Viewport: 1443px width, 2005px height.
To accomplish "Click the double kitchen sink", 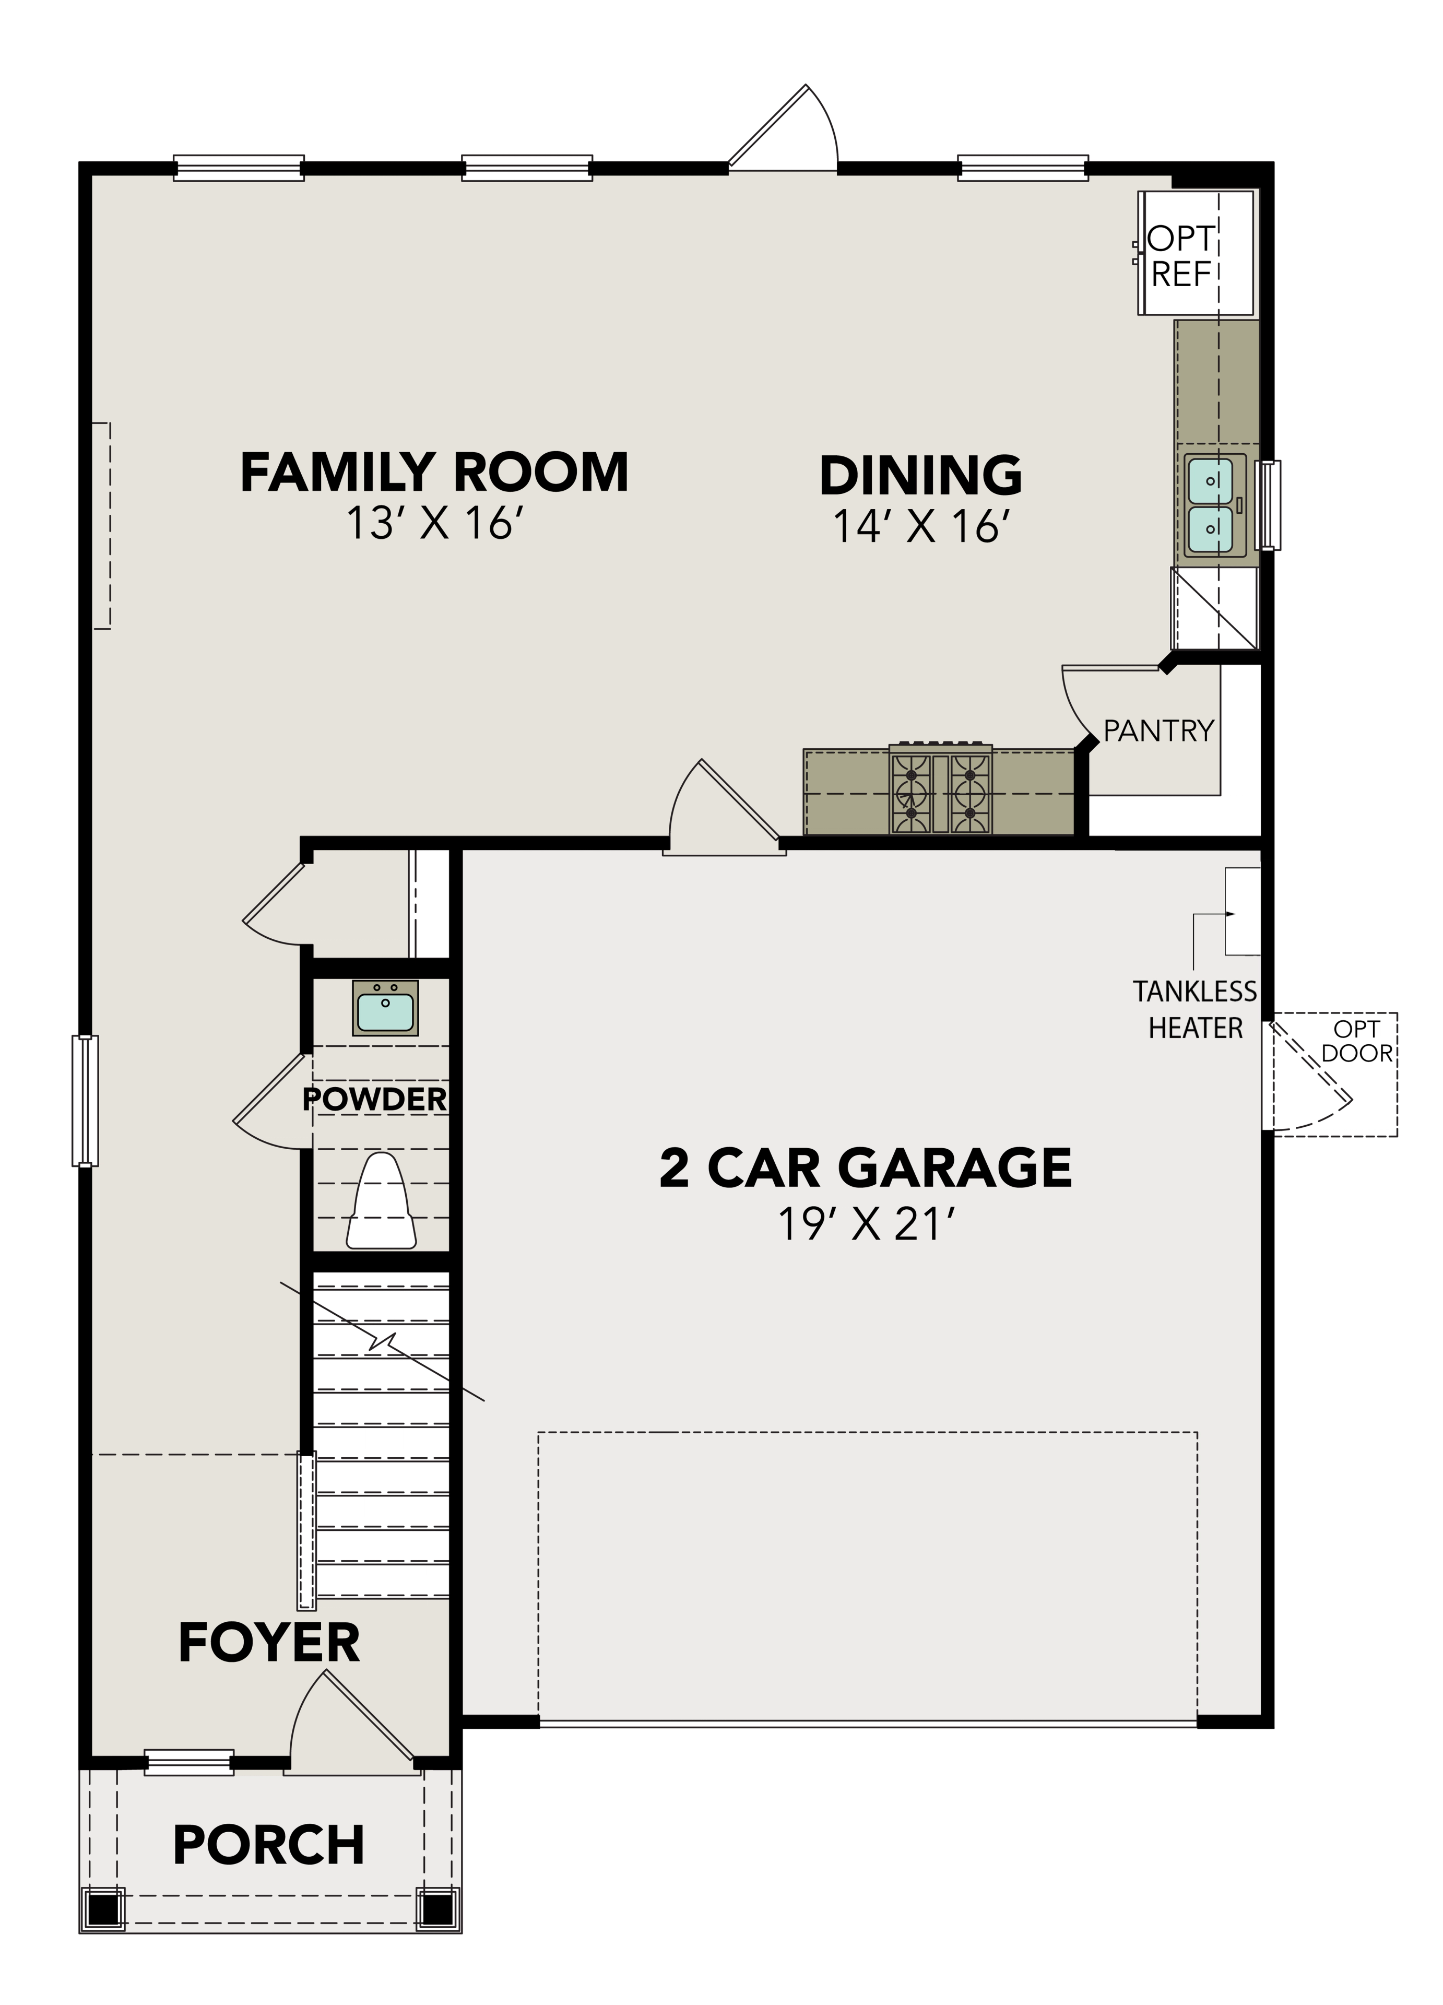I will coord(1209,505).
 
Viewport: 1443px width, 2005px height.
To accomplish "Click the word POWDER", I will coord(374,1100).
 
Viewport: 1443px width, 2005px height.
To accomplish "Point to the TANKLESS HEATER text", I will coord(1194,1010).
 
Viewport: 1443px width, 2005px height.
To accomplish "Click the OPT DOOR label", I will coord(1356,1041).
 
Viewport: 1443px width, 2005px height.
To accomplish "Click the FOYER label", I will coord(269,1644).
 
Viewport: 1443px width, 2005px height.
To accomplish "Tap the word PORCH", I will coord(269,1845).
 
